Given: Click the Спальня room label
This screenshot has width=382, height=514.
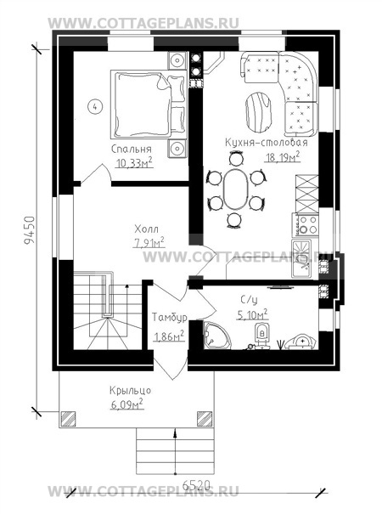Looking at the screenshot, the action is [x=132, y=150].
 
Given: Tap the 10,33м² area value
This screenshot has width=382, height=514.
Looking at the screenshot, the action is [x=134, y=162].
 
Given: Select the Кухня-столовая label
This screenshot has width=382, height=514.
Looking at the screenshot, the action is [x=267, y=143].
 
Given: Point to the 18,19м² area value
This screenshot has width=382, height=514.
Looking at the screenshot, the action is [x=283, y=156].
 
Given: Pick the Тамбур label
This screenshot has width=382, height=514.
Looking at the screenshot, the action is [x=170, y=317].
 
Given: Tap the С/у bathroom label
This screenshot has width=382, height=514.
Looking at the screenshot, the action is [x=250, y=300].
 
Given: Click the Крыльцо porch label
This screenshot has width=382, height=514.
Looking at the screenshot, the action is [x=130, y=391].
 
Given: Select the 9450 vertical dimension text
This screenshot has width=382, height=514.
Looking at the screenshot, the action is [x=30, y=229].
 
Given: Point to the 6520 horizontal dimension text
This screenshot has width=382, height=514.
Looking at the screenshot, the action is [x=195, y=485].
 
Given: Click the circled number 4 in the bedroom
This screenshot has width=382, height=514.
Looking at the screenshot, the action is [x=95, y=106].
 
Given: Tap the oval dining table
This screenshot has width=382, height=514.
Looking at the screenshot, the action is [x=236, y=189].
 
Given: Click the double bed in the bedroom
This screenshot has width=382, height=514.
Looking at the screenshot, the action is [x=149, y=104].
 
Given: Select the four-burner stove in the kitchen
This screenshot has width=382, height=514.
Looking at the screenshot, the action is [x=305, y=224].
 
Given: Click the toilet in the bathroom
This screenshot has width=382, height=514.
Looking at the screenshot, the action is [x=261, y=335].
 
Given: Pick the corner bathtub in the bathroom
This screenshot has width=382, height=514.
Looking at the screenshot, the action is [x=216, y=335].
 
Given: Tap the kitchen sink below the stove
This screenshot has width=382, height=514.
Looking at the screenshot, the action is [x=301, y=258].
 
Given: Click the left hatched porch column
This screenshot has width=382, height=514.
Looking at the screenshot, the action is [x=68, y=419].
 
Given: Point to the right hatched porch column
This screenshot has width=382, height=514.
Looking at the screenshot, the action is [x=205, y=419].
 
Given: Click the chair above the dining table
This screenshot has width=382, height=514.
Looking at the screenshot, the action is [x=236, y=160].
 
